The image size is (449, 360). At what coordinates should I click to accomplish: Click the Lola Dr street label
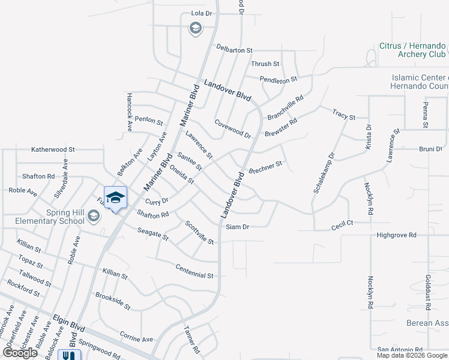point(202,13)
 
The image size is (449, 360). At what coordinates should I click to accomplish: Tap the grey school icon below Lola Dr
point(195,28)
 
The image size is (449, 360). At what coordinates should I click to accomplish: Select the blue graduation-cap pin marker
point(115,197)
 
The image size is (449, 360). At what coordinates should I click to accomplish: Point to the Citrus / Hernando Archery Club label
point(412,50)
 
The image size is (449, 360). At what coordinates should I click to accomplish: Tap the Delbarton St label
point(235,49)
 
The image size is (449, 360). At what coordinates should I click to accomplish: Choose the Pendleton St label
point(278,79)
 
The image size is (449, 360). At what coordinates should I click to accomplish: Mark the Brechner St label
point(265,164)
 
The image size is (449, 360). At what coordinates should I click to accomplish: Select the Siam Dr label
point(237,227)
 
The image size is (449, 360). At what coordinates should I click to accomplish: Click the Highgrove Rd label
point(396,235)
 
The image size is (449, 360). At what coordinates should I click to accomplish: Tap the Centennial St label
point(194,271)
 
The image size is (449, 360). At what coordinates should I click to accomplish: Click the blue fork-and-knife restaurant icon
point(68,355)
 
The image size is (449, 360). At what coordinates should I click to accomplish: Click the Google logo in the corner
point(20,353)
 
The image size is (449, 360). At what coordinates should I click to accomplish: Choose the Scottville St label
point(199,232)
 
